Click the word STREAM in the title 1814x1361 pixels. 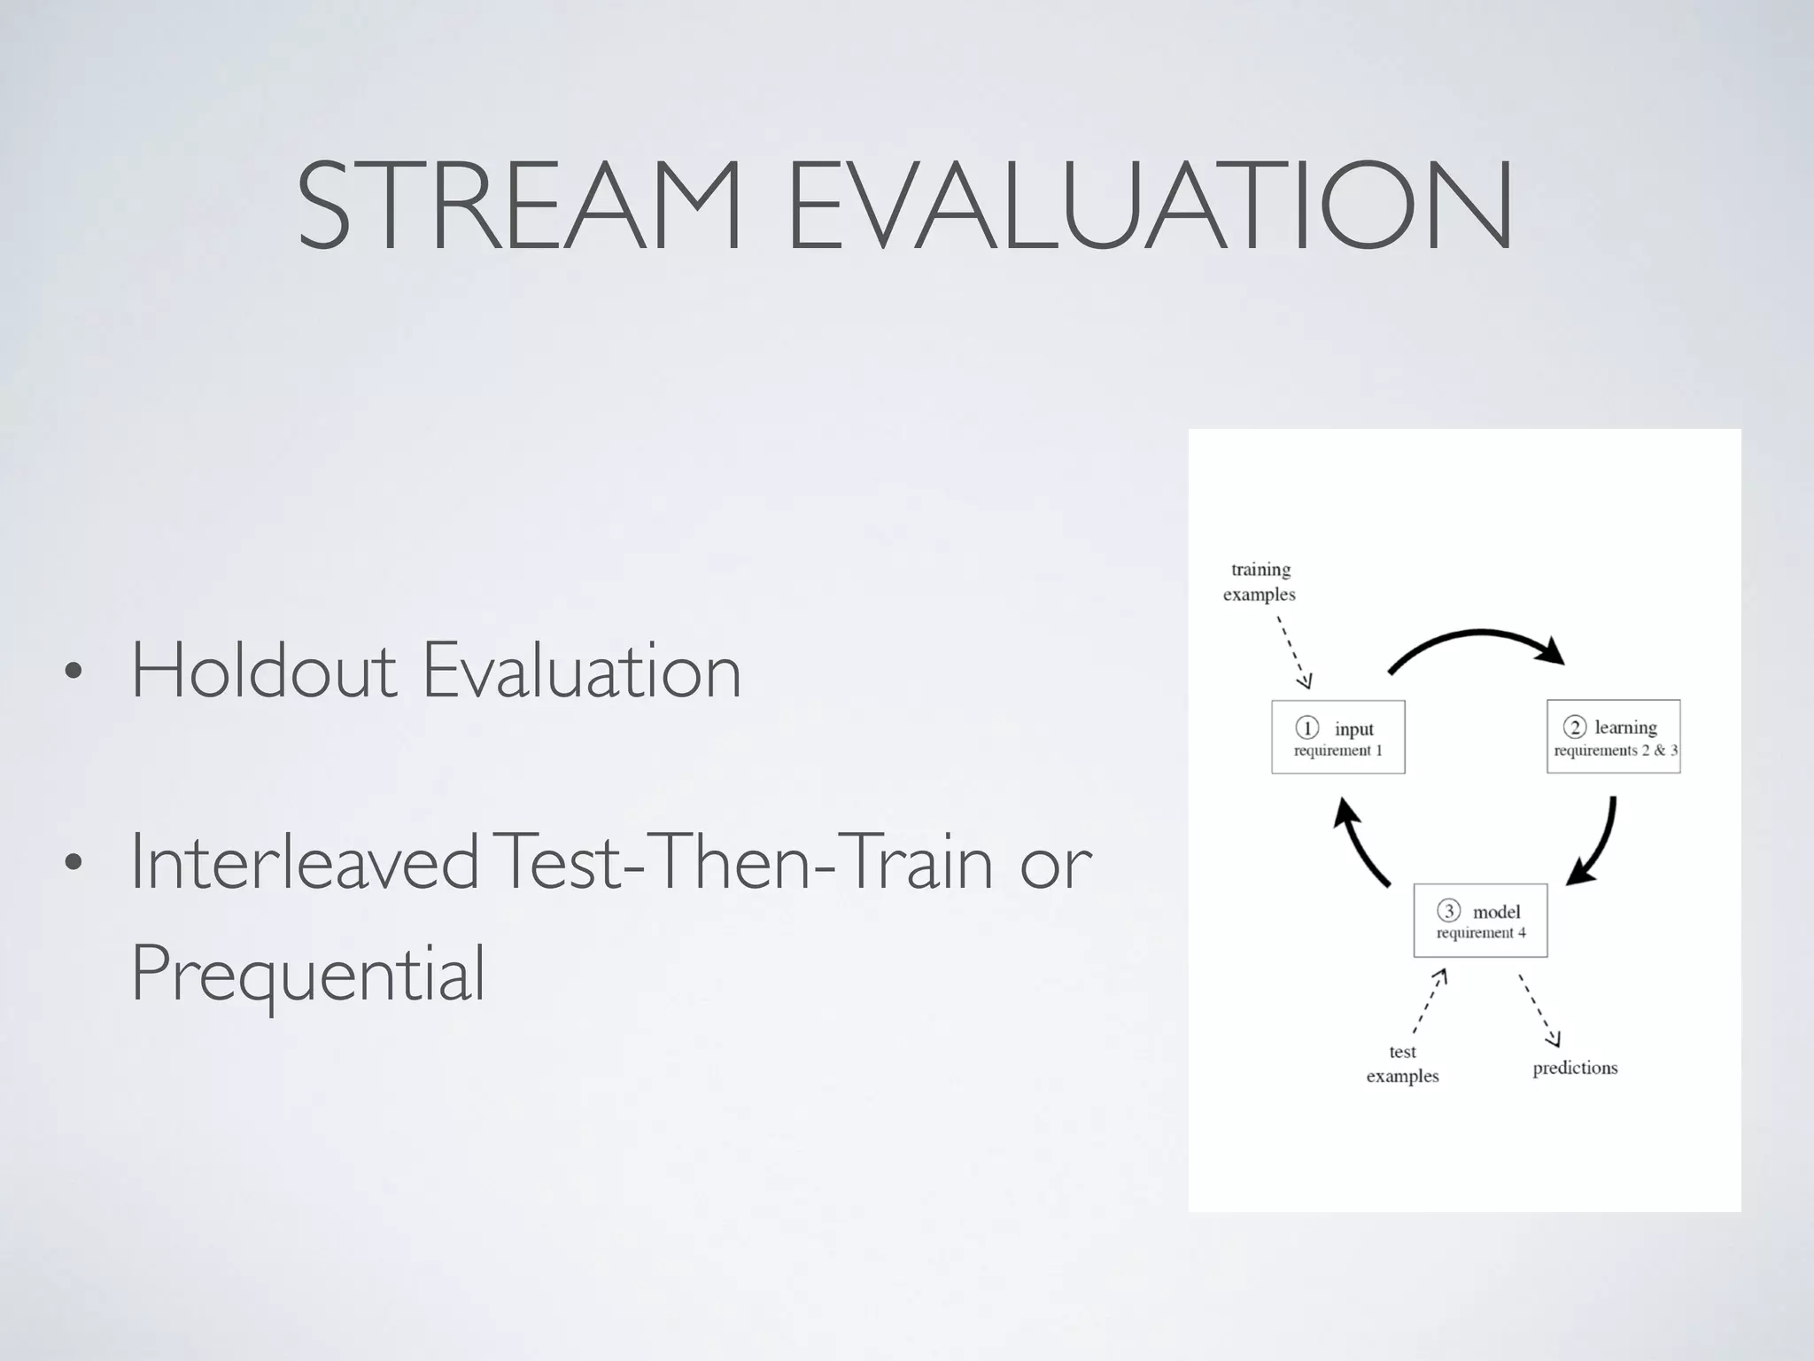(x=518, y=206)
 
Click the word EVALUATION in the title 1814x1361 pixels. (x=1149, y=206)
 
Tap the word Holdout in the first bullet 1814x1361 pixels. (x=263, y=671)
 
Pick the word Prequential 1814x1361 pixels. (x=308, y=973)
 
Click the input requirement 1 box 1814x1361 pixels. (x=1337, y=737)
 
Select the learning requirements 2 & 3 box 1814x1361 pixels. (x=1613, y=737)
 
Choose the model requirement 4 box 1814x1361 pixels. (x=1480, y=921)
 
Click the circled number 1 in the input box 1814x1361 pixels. (x=1307, y=728)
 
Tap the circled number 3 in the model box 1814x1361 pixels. (x=1448, y=911)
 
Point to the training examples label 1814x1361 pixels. (x=1260, y=582)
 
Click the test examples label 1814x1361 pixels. (x=1402, y=1064)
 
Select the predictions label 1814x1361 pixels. (x=1575, y=1068)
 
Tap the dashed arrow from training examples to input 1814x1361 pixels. (x=1293, y=651)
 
